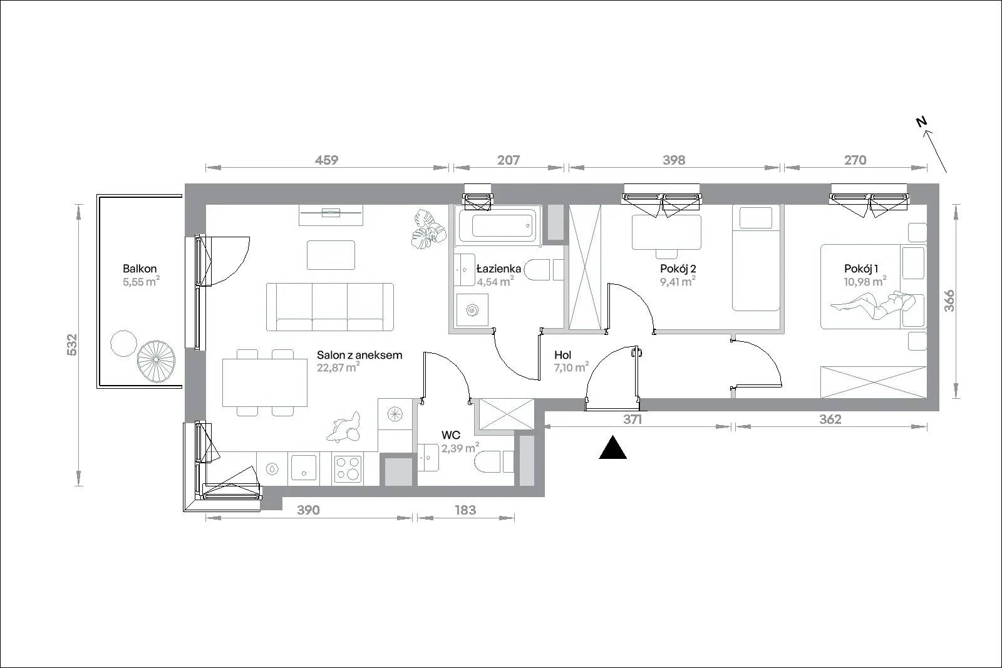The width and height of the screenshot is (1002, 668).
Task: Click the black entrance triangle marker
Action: click(613, 448)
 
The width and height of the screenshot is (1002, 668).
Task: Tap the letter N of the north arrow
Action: click(921, 121)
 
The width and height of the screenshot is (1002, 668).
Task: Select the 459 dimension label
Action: click(326, 160)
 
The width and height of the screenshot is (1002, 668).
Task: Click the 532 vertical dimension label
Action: click(72, 345)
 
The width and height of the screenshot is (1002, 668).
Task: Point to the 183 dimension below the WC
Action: click(466, 510)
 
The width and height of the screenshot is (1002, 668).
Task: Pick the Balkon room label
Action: click(140, 269)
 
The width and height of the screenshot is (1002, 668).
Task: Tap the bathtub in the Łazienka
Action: click(498, 226)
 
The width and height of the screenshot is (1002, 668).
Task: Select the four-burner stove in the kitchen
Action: click(348, 468)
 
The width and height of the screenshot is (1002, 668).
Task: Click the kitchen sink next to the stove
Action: click(304, 468)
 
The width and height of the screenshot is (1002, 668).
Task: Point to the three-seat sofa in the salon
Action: click(330, 307)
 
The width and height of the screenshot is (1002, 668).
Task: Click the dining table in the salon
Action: click(265, 383)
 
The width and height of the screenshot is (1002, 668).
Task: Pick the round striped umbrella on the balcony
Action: click(156, 361)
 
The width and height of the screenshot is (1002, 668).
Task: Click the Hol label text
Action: click(563, 355)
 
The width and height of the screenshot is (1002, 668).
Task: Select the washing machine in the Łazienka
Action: click(471, 310)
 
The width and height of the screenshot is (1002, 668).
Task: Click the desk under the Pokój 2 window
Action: click(666, 232)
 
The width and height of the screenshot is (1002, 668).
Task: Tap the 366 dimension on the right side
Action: click(949, 301)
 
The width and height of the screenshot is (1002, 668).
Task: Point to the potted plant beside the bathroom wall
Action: click(429, 229)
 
